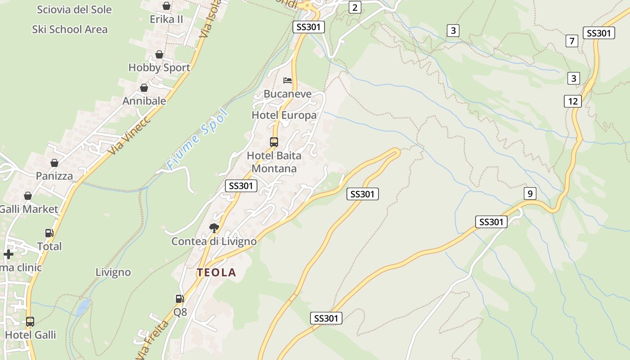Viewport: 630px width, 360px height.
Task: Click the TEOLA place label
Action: pyautogui.click(x=216, y=272)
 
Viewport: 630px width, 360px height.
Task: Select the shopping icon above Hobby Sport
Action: pyautogui.click(x=159, y=54)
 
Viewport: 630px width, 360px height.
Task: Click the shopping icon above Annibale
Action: pyautogui.click(x=144, y=88)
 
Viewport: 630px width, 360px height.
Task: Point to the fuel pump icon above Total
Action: pyautogui.click(x=49, y=233)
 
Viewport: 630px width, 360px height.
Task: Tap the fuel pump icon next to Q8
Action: pyautogui.click(x=180, y=298)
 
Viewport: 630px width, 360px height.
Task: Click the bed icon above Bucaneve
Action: pyautogui.click(x=288, y=81)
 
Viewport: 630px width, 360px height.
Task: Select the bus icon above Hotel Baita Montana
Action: pyautogui.click(x=274, y=142)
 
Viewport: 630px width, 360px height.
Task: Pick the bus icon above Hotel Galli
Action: pyautogui.click(x=30, y=322)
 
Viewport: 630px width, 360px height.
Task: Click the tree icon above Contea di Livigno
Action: pyautogui.click(x=214, y=228)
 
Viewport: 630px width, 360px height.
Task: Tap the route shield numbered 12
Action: pyautogui.click(x=572, y=101)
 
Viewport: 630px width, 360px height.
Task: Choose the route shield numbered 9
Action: pyautogui.click(x=530, y=193)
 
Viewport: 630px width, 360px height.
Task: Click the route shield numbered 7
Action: pyautogui.click(x=571, y=41)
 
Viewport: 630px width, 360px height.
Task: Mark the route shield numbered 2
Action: pyautogui.click(x=355, y=7)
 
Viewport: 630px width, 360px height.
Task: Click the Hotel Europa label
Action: pyautogui.click(x=284, y=115)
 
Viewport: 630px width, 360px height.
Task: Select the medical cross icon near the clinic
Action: pyautogui.click(x=8, y=254)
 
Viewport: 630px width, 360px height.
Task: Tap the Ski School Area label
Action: pyautogui.click(x=70, y=30)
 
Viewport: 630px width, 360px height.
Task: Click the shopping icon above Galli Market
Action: pyautogui.click(x=28, y=196)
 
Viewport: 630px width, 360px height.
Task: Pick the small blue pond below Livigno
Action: pyautogui.click(x=83, y=308)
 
